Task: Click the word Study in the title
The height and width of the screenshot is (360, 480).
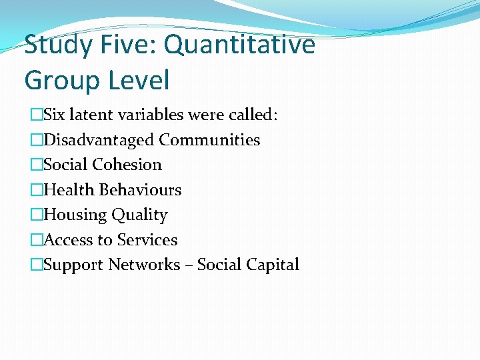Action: click(57, 45)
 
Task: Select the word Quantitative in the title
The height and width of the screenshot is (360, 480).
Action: click(239, 45)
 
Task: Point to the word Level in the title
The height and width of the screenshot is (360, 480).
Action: click(139, 81)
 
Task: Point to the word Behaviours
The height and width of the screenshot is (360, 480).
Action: click(140, 190)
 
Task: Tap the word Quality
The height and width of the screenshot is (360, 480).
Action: click(139, 215)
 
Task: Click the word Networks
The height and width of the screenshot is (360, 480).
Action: click(144, 265)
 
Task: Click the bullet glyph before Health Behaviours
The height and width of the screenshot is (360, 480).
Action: click(36, 190)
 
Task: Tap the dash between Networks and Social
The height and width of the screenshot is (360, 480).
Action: click(189, 265)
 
